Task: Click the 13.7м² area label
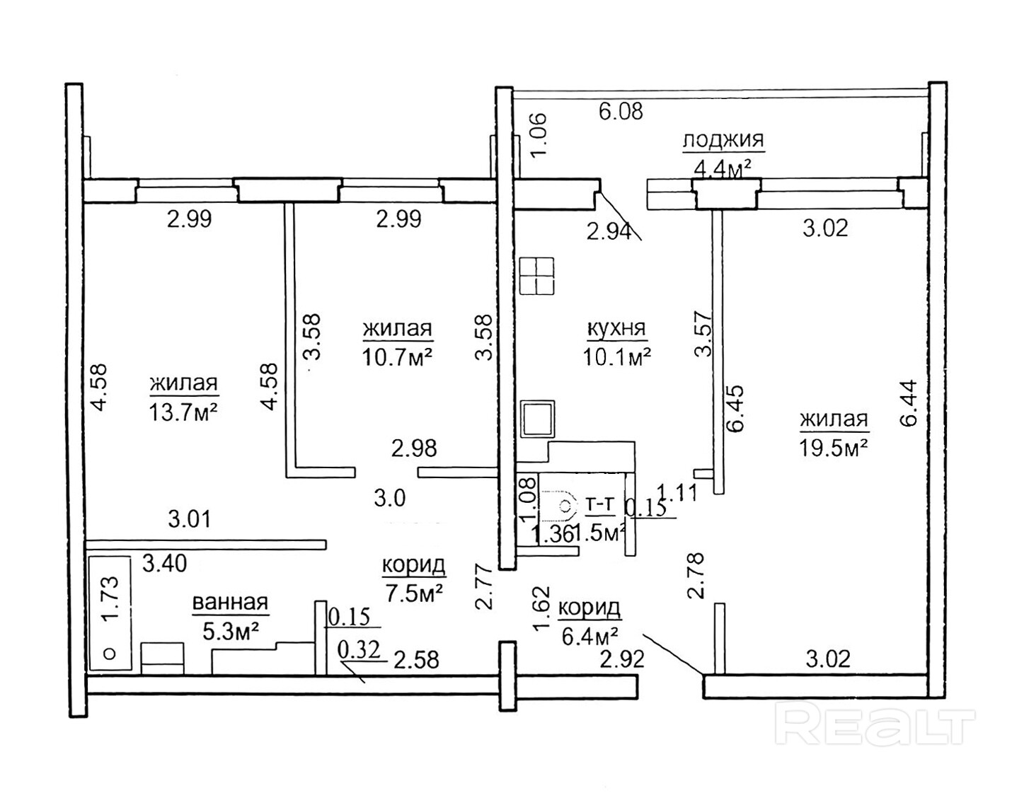(183, 412)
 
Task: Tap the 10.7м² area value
(397, 356)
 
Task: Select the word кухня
(616, 328)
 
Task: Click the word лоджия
(723, 141)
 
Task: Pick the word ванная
(230, 603)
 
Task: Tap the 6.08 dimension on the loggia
(621, 112)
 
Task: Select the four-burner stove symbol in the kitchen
(536, 276)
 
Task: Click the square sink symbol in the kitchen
(537, 419)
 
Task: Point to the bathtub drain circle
(110, 654)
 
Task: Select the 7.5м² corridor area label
(414, 593)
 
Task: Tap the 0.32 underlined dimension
(359, 650)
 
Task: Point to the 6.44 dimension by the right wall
(909, 404)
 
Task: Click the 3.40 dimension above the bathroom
(165, 564)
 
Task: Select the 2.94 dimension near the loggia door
(609, 231)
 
